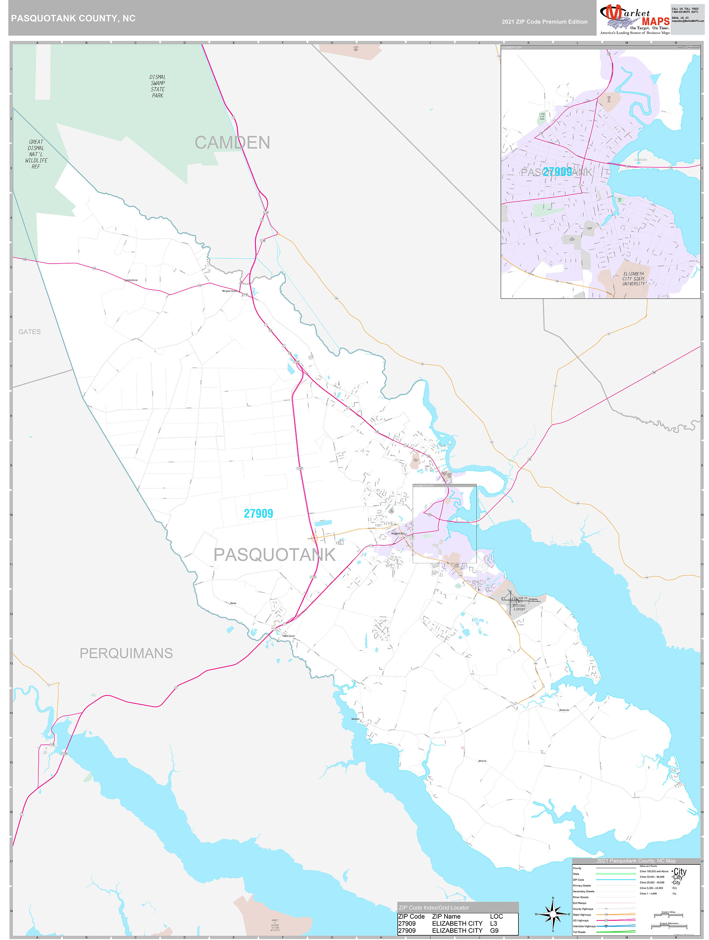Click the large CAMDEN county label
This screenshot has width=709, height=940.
pyautogui.click(x=232, y=142)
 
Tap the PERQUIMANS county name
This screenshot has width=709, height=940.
pyautogui.click(x=126, y=653)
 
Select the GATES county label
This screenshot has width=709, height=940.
pyautogui.click(x=29, y=332)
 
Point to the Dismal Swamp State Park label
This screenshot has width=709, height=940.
pyautogui.click(x=157, y=86)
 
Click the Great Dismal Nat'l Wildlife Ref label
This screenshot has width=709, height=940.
pyautogui.click(x=36, y=154)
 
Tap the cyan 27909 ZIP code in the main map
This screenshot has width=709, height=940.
pyautogui.click(x=258, y=513)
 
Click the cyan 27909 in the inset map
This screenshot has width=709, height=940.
pyautogui.click(x=557, y=172)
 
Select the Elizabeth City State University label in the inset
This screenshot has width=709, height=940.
pyautogui.click(x=633, y=279)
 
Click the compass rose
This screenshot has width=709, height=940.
pyautogui.click(x=552, y=913)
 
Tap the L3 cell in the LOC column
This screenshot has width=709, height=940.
pyautogui.click(x=494, y=923)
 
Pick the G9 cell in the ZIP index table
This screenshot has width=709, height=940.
pyautogui.click(x=494, y=930)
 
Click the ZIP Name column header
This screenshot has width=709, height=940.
pyautogui.click(x=446, y=916)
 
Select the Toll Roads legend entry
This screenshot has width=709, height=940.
pyautogui.click(x=579, y=932)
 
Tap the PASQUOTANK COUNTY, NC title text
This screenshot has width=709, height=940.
pyautogui.click(x=73, y=18)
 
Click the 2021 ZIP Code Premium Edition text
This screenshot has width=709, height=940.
pyautogui.click(x=544, y=22)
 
